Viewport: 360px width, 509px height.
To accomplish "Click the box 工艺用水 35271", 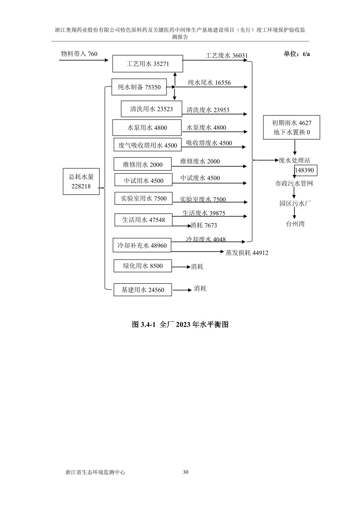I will (148, 64).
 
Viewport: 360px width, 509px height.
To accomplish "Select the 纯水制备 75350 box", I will (139, 87).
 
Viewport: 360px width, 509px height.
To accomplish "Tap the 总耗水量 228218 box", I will (81, 181).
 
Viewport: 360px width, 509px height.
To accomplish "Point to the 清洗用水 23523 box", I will (151, 109).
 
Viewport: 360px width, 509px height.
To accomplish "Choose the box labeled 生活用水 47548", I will (143, 220).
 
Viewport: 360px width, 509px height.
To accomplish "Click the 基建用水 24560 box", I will (142, 290).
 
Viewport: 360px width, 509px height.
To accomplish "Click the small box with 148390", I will (305, 170).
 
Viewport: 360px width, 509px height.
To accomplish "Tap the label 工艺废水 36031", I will (226, 55).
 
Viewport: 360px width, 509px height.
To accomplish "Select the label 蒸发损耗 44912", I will (247, 253).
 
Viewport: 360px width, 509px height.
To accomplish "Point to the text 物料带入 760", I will (79, 54).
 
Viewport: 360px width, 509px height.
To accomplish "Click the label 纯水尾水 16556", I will (209, 83).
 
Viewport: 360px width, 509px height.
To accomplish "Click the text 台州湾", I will (295, 224).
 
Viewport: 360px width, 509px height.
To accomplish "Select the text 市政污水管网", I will (294, 183).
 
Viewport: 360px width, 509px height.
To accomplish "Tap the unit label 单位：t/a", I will (296, 54).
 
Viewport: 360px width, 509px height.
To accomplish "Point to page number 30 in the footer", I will (186, 472).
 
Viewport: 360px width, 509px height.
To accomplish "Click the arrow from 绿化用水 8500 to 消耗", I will (181, 267).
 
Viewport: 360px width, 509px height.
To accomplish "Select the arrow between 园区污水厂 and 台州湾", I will (294, 213).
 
